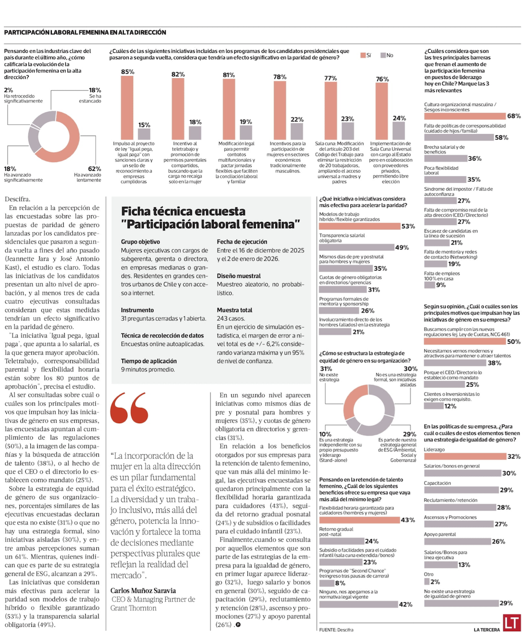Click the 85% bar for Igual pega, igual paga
click(127, 108)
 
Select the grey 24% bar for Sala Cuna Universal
click(399, 131)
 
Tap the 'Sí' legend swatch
click(362, 55)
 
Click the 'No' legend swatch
click(383, 55)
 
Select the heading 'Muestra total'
click(234, 309)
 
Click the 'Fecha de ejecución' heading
click(242, 242)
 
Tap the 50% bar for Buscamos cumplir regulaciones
click(464, 341)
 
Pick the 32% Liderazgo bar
click(465, 457)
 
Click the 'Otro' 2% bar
click(427, 582)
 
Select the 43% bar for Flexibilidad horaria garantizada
click(359, 520)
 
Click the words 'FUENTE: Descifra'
click(335, 630)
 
